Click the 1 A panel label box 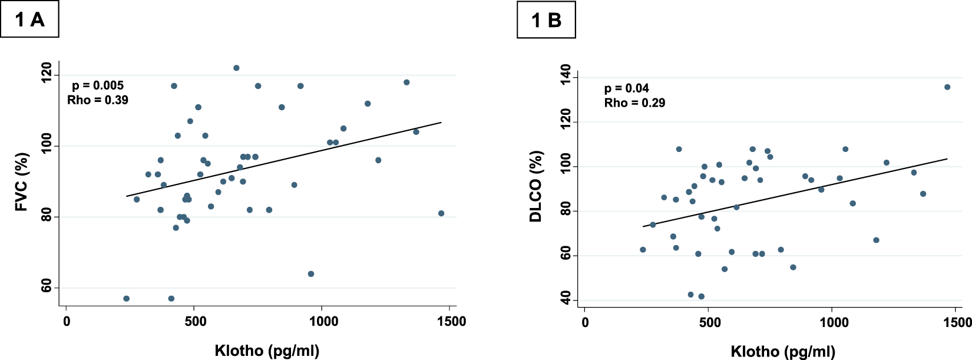point(29,19)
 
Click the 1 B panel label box point(546,20)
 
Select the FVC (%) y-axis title point(22,182)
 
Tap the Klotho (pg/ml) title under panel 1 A point(267,351)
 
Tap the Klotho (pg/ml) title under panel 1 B point(783,352)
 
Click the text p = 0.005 point(98,85)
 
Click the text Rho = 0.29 point(634,103)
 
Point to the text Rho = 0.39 point(98,100)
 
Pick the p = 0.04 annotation point(627,88)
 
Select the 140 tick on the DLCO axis point(566,75)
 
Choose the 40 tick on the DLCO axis point(566,300)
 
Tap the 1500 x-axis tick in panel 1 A point(450,321)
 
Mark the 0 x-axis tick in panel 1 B point(585,322)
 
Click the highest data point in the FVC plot point(236,68)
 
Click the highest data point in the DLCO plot point(947,87)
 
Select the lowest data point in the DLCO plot point(701,296)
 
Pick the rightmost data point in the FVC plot point(441,213)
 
